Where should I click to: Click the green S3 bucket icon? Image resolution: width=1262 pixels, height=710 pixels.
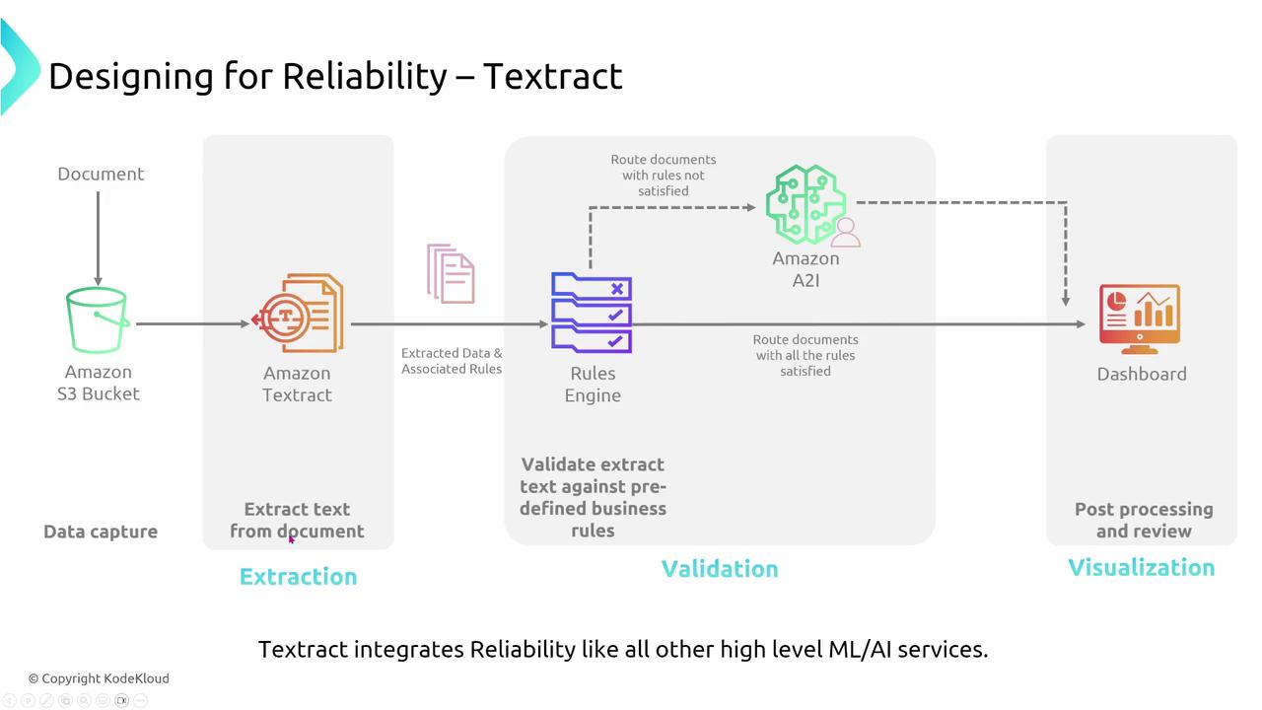[x=98, y=319]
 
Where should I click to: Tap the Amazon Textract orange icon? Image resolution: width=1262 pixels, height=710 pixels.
[x=299, y=315]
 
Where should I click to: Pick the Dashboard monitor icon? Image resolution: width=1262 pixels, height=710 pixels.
[x=1140, y=319]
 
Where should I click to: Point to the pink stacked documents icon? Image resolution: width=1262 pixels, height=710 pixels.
[x=451, y=273]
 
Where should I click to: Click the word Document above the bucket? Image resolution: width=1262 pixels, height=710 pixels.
[x=101, y=175]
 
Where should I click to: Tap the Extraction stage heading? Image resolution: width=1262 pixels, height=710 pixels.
[x=298, y=577]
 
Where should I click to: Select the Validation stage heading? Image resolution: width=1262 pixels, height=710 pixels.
[x=720, y=569]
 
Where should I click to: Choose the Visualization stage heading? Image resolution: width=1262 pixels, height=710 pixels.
[x=1142, y=568]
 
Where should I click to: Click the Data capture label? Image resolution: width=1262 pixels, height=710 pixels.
[x=101, y=532]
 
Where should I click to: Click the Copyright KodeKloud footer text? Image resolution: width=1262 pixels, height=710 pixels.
[x=99, y=678]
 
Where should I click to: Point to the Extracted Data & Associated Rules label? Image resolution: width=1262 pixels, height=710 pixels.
[x=452, y=361]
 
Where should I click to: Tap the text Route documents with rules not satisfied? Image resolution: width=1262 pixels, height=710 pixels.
[x=663, y=175]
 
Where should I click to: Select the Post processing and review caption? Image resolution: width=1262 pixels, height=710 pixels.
[x=1144, y=520]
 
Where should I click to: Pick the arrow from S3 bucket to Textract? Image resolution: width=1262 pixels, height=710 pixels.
[x=192, y=323]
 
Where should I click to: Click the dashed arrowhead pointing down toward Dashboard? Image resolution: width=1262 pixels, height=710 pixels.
[x=1066, y=299]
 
